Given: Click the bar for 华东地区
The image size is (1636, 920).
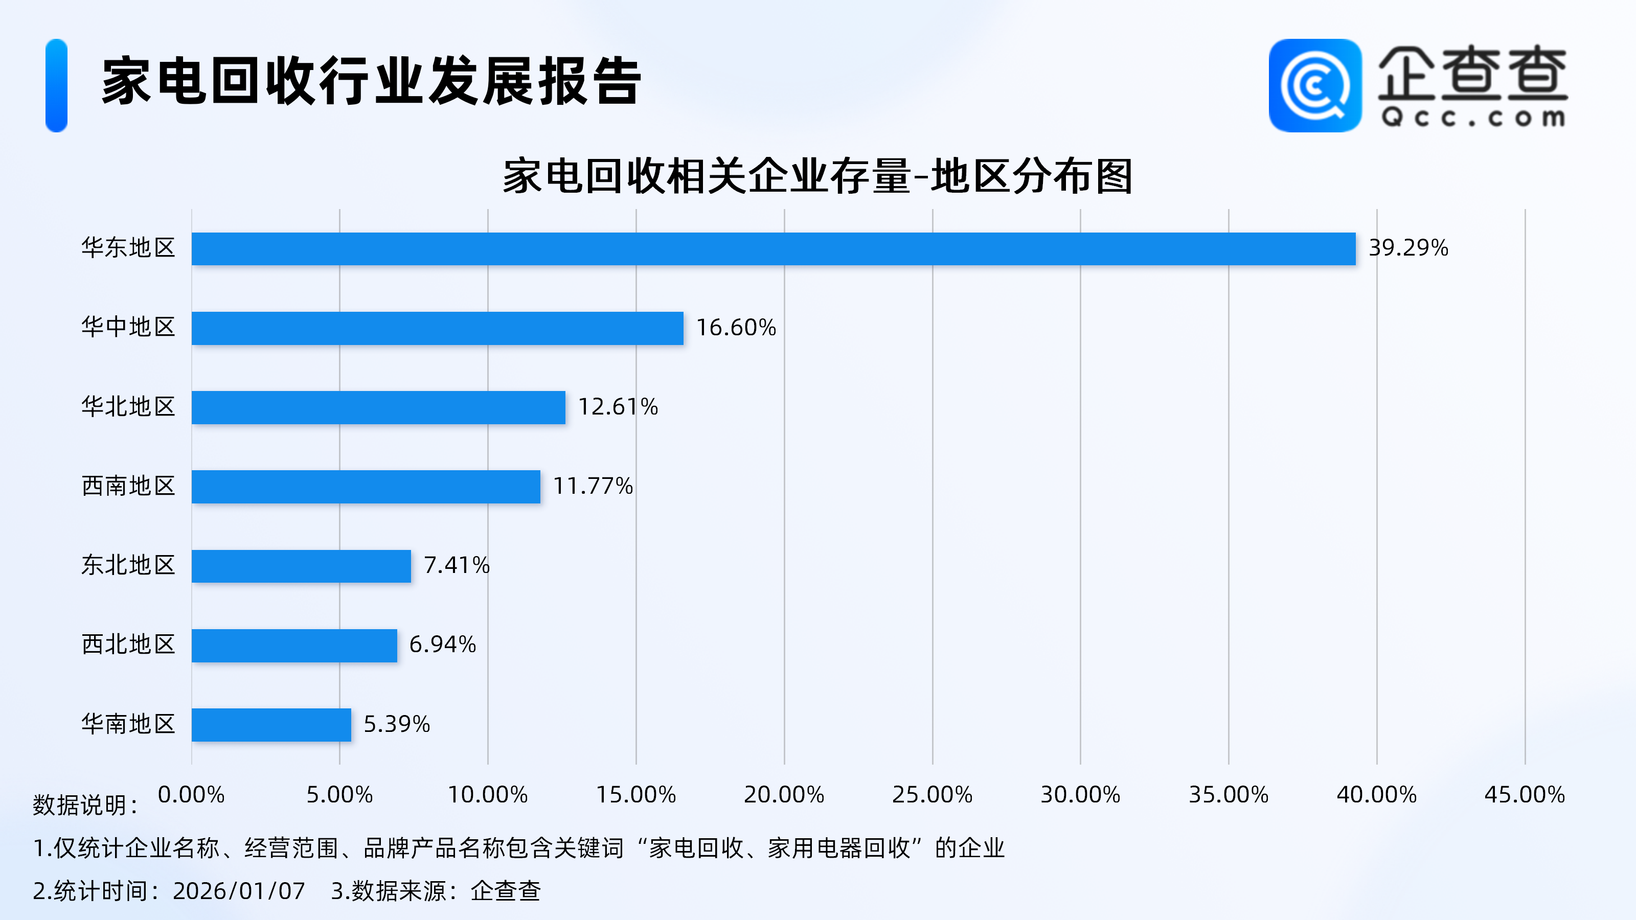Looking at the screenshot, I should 773,248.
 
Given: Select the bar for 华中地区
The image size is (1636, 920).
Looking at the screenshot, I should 437,328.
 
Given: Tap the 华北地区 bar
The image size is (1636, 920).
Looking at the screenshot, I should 378,407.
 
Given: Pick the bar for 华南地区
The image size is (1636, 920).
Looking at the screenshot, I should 271,724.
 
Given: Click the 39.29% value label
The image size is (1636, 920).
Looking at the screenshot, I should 1408,247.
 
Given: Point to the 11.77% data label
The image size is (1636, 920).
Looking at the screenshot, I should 593,486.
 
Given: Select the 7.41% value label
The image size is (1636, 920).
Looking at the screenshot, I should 456,565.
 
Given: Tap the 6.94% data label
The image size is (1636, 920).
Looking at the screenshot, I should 442,645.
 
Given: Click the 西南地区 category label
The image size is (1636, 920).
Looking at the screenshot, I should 128,486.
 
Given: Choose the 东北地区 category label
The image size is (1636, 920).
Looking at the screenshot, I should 128,565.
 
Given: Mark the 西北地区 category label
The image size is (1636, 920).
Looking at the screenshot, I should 128,645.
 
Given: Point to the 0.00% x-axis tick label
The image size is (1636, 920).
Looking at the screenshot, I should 191,794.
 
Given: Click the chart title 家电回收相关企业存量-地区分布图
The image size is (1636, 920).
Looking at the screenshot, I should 817,176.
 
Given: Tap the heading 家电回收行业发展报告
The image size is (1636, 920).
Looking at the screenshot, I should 372,81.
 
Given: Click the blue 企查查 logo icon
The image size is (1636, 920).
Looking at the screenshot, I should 1314,86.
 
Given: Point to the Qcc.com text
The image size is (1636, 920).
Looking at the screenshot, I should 1473,118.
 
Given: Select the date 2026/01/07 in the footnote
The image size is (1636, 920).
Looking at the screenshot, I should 239,891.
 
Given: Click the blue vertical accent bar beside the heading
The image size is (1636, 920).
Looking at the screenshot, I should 57,86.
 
